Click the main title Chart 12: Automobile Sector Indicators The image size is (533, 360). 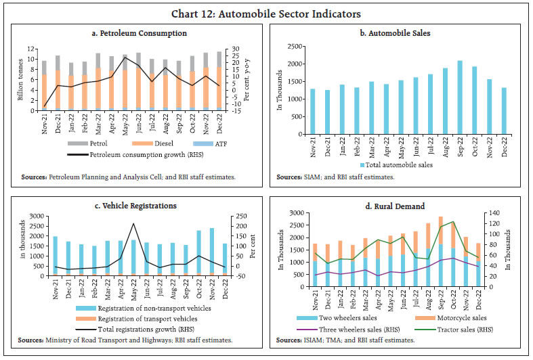(266, 12)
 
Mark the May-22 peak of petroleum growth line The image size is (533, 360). (125, 58)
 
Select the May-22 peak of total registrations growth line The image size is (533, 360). (134, 224)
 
